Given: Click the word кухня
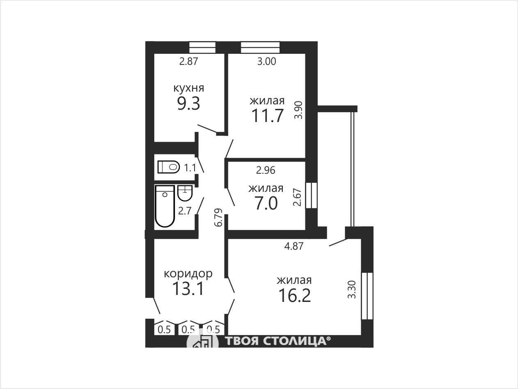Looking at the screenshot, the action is pyautogui.click(x=188, y=88).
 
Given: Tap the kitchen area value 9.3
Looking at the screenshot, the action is pyautogui.click(x=188, y=104).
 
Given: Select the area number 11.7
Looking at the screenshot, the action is pyautogui.click(x=267, y=116).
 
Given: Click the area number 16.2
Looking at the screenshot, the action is pyautogui.click(x=295, y=295).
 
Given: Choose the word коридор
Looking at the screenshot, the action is pyautogui.click(x=188, y=274).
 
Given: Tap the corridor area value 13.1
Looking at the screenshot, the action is pyautogui.click(x=188, y=289).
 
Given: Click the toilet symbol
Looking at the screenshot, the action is pyautogui.click(x=168, y=167).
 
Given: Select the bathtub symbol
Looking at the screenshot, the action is pyautogui.click(x=165, y=206).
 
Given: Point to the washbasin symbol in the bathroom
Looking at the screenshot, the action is pyautogui.click(x=185, y=193).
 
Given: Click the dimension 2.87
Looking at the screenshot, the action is pyautogui.click(x=188, y=62).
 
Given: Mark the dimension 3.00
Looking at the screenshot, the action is pyautogui.click(x=267, y=61).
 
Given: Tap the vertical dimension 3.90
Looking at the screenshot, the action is pyautogui.click(x=298, y=110).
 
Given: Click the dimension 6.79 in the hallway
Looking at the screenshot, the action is pyautogui.click(x=218, y=218).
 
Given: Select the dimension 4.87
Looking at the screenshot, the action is pyautogui.click(x=293, y=246).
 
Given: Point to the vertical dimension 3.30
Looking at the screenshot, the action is pyautogui.click(x=352, y=289).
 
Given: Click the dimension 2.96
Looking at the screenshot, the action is pyautogui.click(x=266, y=170).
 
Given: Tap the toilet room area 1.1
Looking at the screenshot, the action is pyautogui.click(x=190, y=168).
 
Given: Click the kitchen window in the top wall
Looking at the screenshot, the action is pyautogui.click(x=202, y=48).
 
